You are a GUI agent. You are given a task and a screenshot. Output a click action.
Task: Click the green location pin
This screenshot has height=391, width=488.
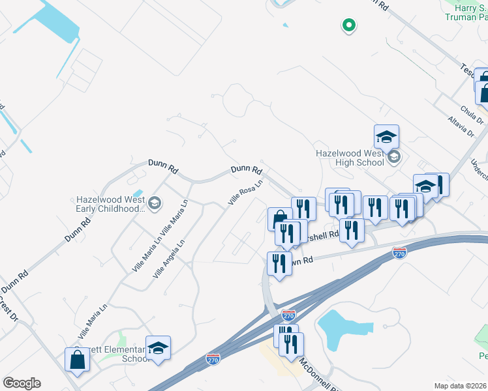click(x=349, y=25)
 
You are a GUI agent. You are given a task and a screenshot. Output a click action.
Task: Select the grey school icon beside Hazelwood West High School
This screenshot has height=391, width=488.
click(x=393, y=156)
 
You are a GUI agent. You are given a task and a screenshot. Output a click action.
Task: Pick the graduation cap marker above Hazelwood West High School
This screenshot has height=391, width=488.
click(x=386, y=137)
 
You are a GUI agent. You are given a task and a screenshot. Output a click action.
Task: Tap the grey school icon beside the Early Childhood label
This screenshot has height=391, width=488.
click(x=155, y=203)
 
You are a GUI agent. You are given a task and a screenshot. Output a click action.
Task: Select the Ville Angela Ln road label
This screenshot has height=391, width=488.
click(x=169, y=259)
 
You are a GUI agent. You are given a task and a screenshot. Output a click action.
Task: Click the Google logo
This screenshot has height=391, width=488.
click(x=22, y=383)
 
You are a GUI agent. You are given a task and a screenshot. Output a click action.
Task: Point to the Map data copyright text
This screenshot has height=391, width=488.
click(x=460, y=386)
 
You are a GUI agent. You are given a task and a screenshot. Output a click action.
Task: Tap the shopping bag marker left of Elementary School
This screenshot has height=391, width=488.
click(x=77, y=360)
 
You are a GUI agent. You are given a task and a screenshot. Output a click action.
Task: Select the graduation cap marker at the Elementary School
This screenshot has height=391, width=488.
click(x=158, y=348)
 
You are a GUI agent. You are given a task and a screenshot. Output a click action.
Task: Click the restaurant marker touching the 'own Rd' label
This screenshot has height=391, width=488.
click(x=279, y=264)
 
